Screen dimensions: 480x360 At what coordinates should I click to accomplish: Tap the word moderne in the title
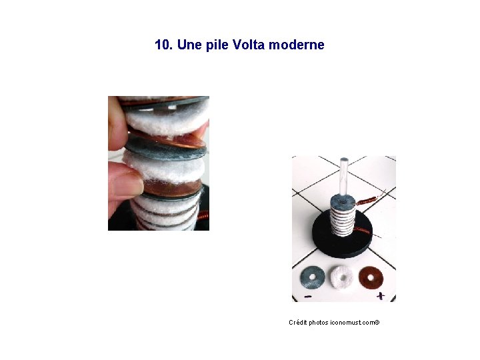(x=296, y=45)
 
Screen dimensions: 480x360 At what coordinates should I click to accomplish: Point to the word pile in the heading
(x=217, y=45)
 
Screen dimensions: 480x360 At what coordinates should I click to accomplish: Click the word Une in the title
(x=189, y=45)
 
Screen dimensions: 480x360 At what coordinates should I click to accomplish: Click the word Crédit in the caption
(x=298, y=323)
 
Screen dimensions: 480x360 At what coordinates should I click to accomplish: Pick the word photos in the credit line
(x=319, y=323)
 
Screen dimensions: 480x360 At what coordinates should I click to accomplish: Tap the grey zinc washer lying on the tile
(x=313, y=277)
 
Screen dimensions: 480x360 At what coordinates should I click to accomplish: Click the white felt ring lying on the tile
(x=343, y=278)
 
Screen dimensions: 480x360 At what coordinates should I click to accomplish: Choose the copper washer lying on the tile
(x=371, y=277)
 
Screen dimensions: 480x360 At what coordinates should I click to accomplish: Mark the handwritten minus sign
(x=308, y=296)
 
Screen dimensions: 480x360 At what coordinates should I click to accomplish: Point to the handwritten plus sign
(x=381, y=296)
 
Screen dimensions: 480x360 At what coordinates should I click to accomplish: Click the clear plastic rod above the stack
(x=344, y=177)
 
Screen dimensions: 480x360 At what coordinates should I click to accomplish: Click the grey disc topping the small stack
(x=343, y=201)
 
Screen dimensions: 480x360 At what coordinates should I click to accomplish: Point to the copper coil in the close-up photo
(x=203, y=216)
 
